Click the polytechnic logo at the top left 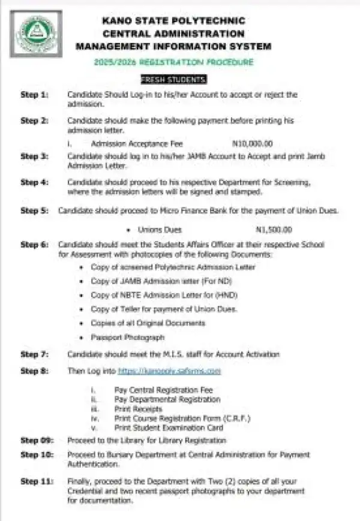tap(35, 34)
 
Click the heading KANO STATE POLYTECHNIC tap(173, 21)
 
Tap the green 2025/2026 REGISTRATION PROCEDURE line tap(173, 62)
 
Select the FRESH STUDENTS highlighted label tap(173, 79)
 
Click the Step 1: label tap(34, 95)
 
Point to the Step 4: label tap(34, 182)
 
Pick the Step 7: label tap(34, 354)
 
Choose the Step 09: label tap(36, 439)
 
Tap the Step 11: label tap(36, 481)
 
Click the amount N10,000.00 tap(252, 144)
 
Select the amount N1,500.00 tap(274, 230)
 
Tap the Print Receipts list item tap(138, 409)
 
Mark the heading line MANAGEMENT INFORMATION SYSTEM tap(173, 46)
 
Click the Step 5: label tap(34, 210)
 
